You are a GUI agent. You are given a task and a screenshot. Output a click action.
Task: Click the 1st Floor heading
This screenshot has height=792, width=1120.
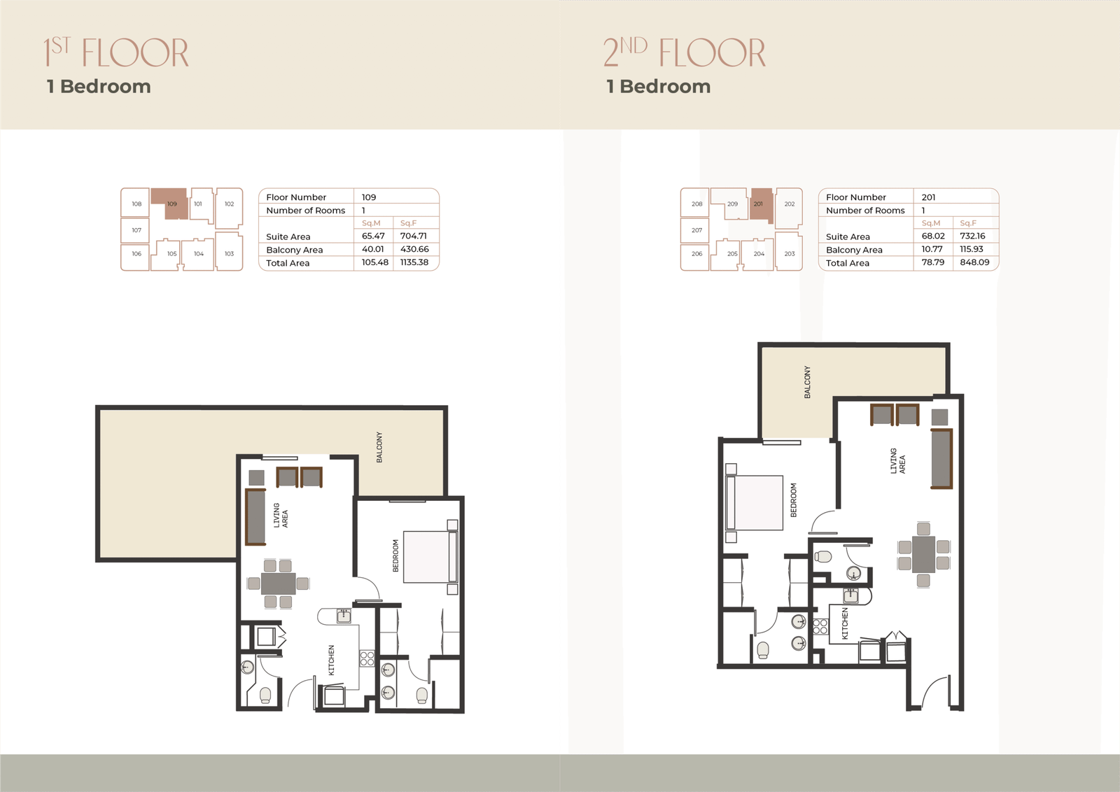116,52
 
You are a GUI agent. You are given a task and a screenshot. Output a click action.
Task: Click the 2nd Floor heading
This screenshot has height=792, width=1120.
684,52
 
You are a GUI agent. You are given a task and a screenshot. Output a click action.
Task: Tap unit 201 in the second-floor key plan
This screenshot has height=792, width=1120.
761,204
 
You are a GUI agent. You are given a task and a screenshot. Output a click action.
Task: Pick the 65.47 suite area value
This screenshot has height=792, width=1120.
373,236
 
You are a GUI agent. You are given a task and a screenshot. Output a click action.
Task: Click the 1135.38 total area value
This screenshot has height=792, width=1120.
414,262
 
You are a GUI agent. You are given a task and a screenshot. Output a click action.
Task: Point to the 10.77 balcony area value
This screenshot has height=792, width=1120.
932,249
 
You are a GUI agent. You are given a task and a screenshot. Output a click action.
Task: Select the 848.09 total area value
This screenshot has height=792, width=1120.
974,262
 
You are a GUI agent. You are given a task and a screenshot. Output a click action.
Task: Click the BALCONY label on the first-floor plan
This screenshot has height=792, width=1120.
379,447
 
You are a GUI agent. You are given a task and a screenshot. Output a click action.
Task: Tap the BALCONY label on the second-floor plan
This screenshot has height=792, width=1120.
807,382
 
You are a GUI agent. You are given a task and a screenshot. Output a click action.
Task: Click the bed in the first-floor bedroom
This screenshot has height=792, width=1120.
430,557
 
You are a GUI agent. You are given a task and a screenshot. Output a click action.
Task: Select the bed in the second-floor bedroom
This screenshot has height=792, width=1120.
755,502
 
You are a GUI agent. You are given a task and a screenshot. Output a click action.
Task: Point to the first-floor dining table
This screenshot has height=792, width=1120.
278,584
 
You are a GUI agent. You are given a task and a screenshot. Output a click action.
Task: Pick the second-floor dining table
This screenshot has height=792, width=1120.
923,555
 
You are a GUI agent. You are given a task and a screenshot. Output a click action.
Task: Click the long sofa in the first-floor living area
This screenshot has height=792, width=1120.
255,516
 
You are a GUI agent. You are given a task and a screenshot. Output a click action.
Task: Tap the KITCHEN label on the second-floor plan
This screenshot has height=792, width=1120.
845,623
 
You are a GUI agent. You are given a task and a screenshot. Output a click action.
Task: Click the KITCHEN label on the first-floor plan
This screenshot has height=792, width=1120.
331,660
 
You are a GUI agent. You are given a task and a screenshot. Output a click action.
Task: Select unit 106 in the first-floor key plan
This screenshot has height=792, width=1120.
136,254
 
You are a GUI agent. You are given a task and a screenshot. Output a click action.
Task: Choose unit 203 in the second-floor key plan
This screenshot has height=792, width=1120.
790,254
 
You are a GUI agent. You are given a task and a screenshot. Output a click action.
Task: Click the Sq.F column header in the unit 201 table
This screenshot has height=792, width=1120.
968,223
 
